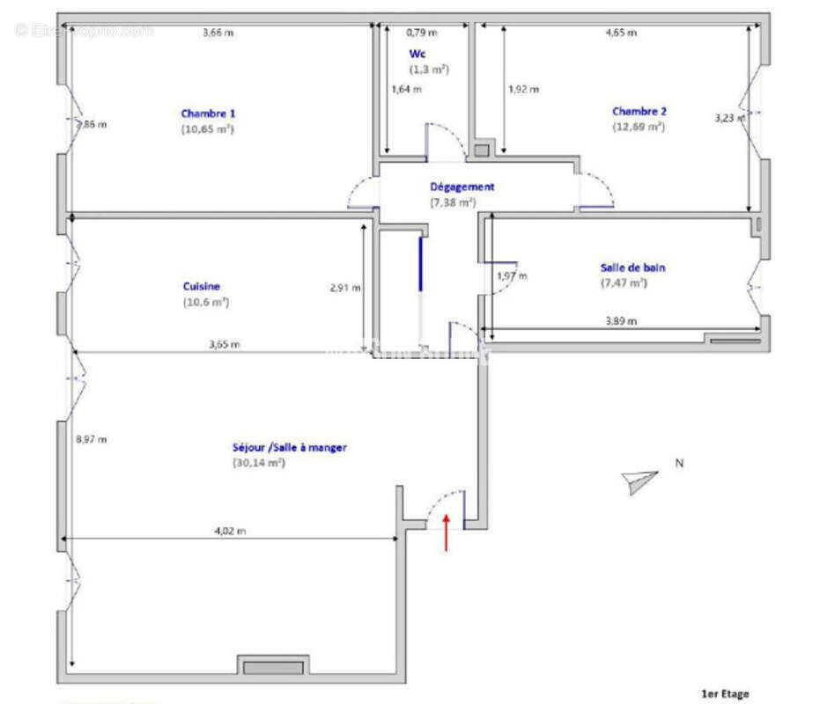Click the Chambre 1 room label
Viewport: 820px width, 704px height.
tap(208, 114)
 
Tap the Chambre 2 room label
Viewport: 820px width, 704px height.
tap(639, 112)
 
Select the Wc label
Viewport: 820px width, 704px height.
tap(417, 54)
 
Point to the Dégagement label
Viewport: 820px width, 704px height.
tap(462, 187)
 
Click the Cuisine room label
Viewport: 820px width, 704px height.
tap(202, 286)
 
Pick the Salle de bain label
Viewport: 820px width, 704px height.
tap(632, 268)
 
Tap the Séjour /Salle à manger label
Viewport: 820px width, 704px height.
tap(289, 447)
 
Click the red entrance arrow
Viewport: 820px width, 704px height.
tap(447, 532)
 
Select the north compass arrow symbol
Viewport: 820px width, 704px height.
tap(639, 479)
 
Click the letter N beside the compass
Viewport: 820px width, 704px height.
tap(679, 463)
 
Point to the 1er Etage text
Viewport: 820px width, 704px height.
tap(724, 694)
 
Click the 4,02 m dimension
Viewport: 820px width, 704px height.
tap(231, 531)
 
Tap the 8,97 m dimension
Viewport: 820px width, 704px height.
tap(92, 439)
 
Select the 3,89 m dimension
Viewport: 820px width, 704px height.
tap(622, 321)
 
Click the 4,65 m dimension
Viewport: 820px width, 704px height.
tap(621, 33)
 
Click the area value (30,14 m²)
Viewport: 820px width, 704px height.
tap(258, 462)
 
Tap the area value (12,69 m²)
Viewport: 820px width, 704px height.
tap(639, 127)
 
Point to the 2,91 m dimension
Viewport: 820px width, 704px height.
tap(344, 287)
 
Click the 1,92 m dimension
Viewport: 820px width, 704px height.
tap(523, 89)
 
